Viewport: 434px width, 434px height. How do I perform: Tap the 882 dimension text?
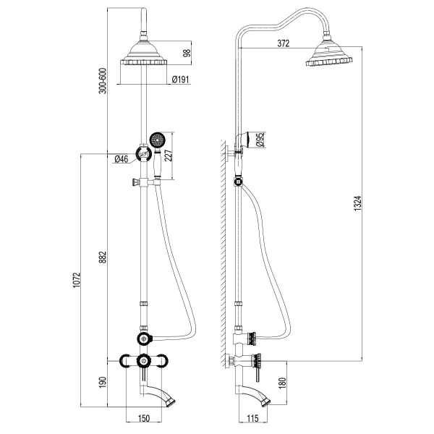click(103, 257)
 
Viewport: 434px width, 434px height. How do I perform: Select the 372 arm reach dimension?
click(283, 43)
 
